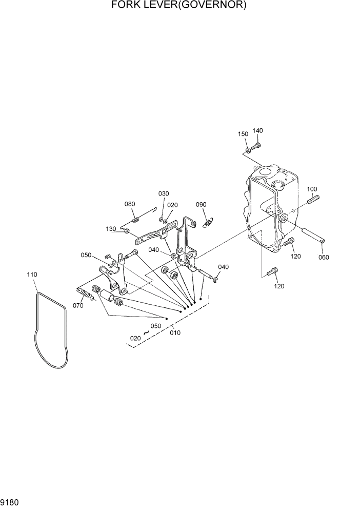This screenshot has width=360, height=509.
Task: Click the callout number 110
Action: coord(32,275)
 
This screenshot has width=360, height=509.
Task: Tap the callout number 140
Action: coord(257,131)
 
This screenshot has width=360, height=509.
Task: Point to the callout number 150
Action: coord(243,134)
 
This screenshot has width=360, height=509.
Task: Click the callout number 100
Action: coord(312,189)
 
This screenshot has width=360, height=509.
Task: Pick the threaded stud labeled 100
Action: coord(313,199)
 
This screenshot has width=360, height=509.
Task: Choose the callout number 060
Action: coord(324,257)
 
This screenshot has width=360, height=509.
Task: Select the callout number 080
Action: coord(130,204)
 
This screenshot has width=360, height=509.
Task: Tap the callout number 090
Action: coord(201,205)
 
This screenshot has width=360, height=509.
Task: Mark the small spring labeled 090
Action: coord(208,223)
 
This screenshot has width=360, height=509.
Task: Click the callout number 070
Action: coord(78,306)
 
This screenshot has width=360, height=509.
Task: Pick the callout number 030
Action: coord(163,193)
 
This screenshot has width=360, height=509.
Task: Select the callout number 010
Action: coord(175,332)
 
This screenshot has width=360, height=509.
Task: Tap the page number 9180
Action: coord(10,502)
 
